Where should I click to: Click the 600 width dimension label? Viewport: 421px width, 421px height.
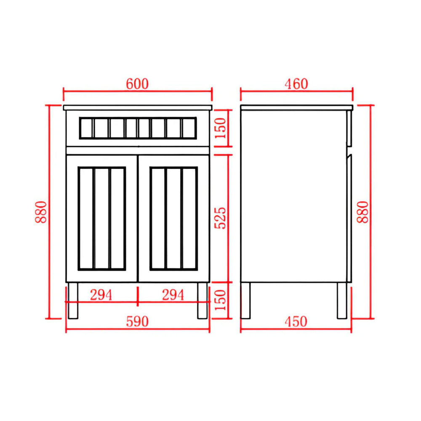click(x=137, y=84)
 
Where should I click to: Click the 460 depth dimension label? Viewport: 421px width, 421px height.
click(x=296, y=84)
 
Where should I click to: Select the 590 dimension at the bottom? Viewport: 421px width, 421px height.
click(x=137, y=321)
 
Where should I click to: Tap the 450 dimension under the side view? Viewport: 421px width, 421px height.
click(x=296, y=321)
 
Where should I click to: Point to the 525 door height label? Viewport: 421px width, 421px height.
click(x=220, y=218)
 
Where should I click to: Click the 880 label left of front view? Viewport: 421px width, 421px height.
click(x=41, y=212)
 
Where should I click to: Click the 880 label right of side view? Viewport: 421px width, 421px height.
click(x=363, y=212)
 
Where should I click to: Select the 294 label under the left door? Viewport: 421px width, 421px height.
click(x=101, y=295)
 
